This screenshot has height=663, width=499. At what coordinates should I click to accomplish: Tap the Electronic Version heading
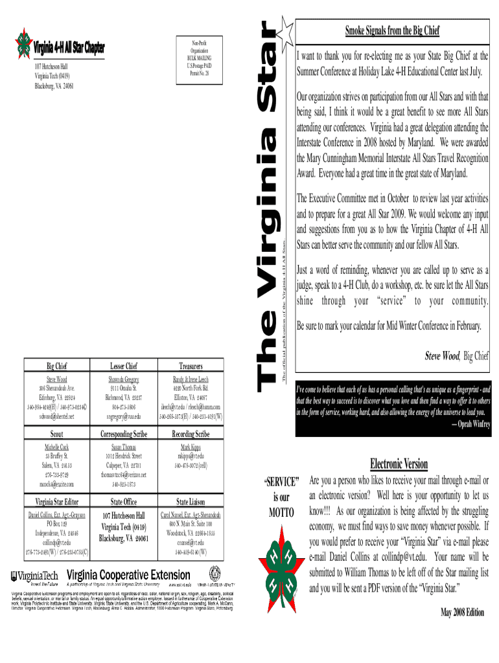pyautogui.click(x=398, y=464)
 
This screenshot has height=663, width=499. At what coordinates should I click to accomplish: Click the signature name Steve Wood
pyautogui.click(x=443, y=355)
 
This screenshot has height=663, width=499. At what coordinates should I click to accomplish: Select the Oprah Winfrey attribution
pyautogui.click(x=461, y=423)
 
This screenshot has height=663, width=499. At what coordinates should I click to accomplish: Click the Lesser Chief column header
pyautogui.click(x=123, y=365)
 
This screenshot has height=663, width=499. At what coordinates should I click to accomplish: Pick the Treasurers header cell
pyautogui.click(x=191, y=365)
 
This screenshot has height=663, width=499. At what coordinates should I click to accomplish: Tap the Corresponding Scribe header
pyautogui.click(x=123, y=433)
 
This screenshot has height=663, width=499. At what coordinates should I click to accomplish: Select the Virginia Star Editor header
pyautogui.click(x=56, y=500)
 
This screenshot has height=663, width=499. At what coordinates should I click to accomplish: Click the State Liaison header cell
pyautogui.click(x=191, y=500)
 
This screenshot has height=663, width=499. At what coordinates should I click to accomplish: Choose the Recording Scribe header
pyautogui.click(x=191, y=433)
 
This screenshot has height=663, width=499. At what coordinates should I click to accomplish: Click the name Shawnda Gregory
pyautogui.click(x=123, y=379)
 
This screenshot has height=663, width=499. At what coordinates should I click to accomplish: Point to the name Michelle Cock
pyautogui.click(x=56, y=447)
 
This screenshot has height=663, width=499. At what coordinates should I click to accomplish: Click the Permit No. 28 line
pyautogui.click(x=199, y=72)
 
